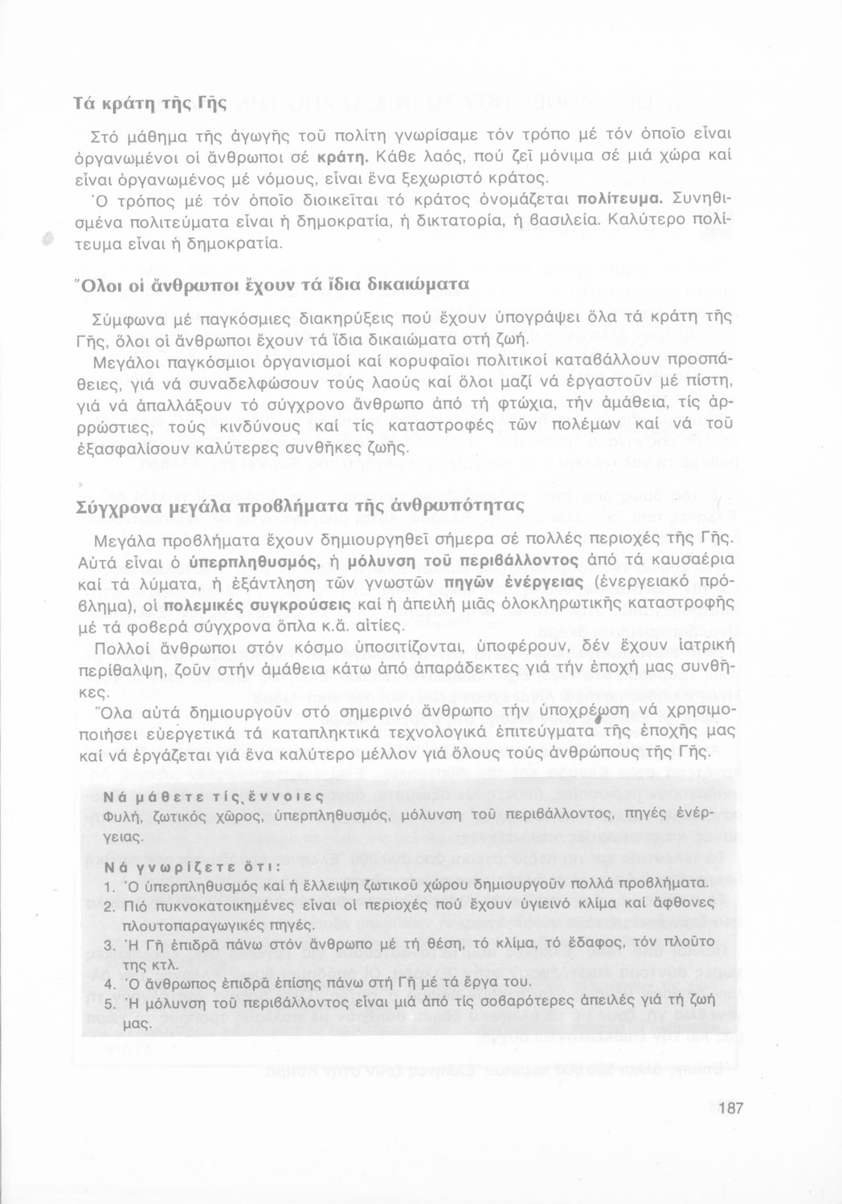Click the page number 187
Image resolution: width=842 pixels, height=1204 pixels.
(x=731, y=1109)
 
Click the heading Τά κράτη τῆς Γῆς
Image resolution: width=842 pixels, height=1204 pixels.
(x=150, y=104)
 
